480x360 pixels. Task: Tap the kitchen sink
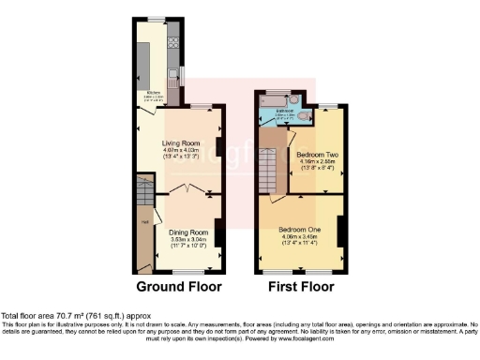172,73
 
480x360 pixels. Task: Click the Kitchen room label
153,93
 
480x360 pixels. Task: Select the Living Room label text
181,143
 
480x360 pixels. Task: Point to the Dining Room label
187,232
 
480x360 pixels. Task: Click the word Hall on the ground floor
145,221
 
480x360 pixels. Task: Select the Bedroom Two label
316,153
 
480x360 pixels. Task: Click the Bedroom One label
298,228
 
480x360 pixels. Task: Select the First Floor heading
300,286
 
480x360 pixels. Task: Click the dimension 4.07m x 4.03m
181,151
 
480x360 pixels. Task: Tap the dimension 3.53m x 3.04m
187,239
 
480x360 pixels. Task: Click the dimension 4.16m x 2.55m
316,160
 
